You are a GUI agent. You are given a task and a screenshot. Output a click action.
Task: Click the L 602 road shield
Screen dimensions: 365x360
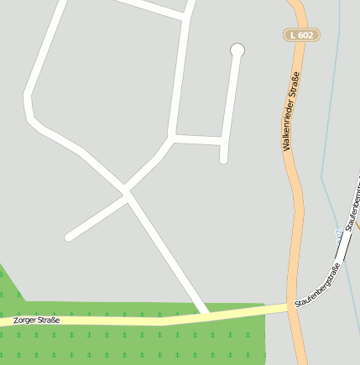click(301, 34)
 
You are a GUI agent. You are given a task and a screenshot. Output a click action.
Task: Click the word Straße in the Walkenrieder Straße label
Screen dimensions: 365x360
click(295, 85)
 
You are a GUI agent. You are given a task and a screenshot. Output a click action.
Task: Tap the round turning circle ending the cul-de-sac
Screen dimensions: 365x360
click(237, 50)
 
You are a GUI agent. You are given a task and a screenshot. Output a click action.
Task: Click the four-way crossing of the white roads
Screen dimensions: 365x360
click(127, 193)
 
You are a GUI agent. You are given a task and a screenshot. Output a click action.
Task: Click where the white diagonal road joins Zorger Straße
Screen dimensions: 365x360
click(206, 314)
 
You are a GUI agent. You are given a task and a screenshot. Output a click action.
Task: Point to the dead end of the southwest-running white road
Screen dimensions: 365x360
click(69, 237)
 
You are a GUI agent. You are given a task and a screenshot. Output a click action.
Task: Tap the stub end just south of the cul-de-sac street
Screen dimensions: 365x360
click(224, 159)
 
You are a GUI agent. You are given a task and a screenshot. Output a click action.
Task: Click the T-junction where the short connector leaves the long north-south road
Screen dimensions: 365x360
click(174, 136)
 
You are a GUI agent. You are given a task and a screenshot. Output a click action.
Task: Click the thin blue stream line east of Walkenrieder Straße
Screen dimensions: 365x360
click(328, 126)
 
